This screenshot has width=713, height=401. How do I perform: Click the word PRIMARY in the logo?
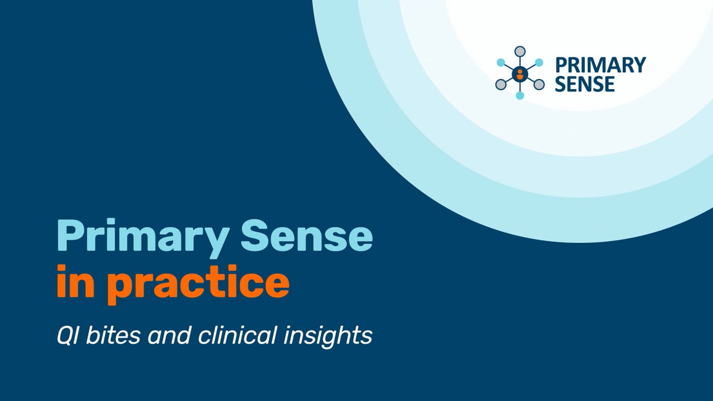point(600,65)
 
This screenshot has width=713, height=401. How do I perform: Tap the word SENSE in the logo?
point(585,84)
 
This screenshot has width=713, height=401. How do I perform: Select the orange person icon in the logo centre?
point(520,74)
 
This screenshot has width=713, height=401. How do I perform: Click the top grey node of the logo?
point(520,52)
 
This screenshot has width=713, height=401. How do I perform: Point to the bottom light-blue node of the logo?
point(520,96)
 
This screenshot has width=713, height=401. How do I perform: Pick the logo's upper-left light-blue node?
point(501,62)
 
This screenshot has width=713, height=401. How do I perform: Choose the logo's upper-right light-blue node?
point(539,62)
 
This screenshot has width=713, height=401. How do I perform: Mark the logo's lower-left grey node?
point(501,85)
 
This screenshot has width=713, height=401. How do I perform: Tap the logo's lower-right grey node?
point(539,85)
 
